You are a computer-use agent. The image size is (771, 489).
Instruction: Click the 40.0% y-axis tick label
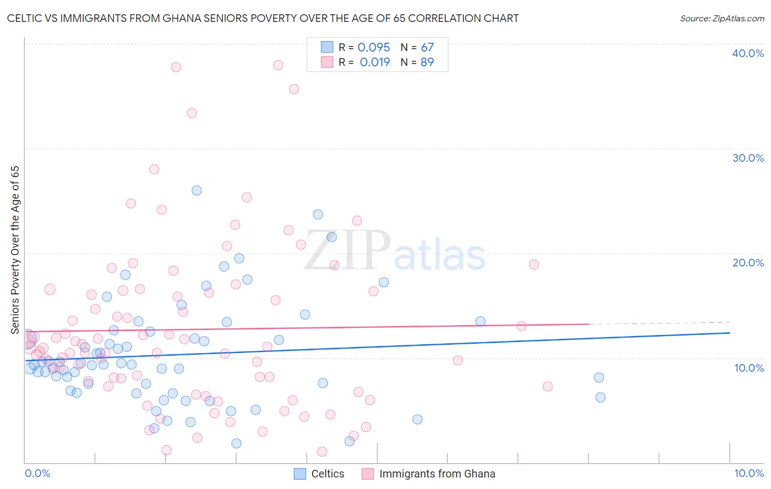click(747, 53)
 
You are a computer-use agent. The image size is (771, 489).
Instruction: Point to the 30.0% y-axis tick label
click(747, 158)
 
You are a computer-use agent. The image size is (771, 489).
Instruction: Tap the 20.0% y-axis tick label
click(747, 263)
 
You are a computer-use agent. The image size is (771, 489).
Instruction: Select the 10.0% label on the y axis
click(749, 368)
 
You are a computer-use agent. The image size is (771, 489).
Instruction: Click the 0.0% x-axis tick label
click(37, 473)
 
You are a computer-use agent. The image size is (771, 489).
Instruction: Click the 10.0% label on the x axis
click(749, 473)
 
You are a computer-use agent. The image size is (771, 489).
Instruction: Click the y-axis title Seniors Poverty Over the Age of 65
click(15, 249)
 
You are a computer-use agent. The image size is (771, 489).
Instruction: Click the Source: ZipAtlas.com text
click(722, 19)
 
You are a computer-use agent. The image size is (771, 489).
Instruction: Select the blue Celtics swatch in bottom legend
click(299, 474)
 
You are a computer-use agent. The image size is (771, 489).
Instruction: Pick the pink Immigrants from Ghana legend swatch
click(367, 474)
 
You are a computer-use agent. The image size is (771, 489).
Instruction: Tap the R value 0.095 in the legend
click(373, 48)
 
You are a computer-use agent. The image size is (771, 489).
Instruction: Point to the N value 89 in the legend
click(427, 62)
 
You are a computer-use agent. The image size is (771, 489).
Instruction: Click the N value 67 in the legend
click(427, 48)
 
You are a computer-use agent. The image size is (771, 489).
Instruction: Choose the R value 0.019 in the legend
click(375, 62)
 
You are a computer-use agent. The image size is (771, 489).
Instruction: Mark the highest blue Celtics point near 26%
click(196, 191)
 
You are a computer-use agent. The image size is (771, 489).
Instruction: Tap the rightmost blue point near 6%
click(600, 397)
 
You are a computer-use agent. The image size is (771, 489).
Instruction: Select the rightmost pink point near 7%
click(547, 386)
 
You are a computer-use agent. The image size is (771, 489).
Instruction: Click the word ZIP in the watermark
click(347, 251)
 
